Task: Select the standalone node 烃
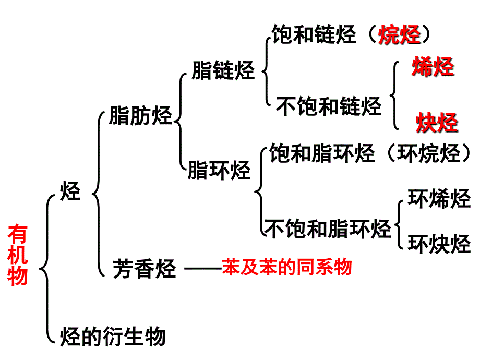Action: [x=70, y=191]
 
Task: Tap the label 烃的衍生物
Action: [x=113, y=335]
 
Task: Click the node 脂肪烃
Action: [x=140, y=116]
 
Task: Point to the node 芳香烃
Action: [x=145, y=270]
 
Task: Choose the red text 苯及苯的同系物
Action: [x=287, y=267]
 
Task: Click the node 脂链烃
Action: [x=223, y=70]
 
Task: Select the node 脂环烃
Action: [x=219, y=170]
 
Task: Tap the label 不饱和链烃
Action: [x=329, y=106]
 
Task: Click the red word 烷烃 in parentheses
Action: [x=400, y=35]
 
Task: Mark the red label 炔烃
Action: [x=437, y=123]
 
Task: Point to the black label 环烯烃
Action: [x=439, y=199]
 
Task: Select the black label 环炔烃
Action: [x=439, y=243]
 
